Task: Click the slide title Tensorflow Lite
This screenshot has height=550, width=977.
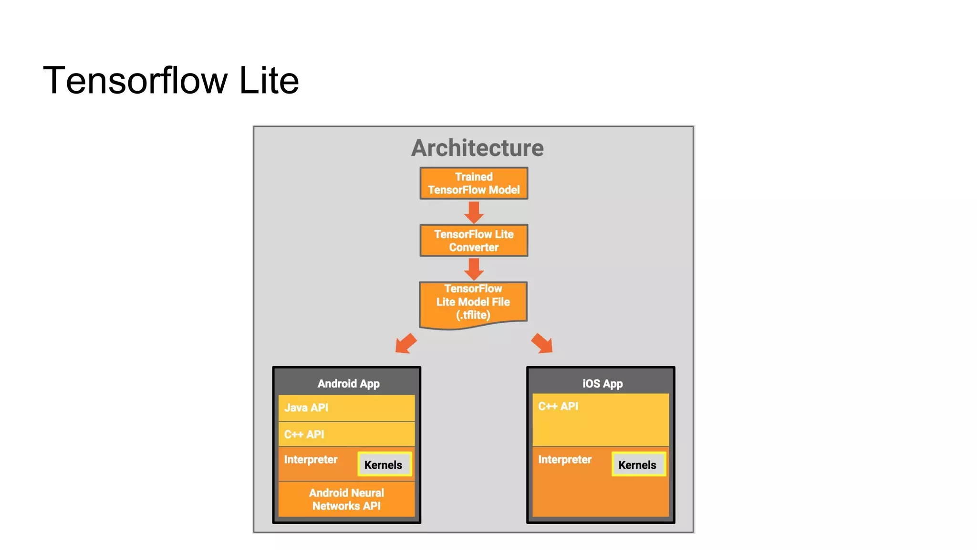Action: [x=171, y=81]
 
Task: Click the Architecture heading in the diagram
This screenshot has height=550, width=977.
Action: [x=477, y=148]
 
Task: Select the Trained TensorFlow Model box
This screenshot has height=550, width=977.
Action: [x=474, y=183]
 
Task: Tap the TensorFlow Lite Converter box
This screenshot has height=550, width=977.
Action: [x=474, y=241]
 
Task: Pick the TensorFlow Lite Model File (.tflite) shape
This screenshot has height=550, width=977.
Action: [x=473, y=304]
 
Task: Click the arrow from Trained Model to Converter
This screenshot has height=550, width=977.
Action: [x=474, y=212]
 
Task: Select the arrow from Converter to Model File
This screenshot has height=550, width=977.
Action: [x=474, y=269]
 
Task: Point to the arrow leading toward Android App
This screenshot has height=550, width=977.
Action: [x=405, y=344]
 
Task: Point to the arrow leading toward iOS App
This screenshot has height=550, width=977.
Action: [x=542, y=344]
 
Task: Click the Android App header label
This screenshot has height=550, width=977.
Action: [x=348, y=384]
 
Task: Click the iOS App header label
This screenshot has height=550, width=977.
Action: [x=602, y=384]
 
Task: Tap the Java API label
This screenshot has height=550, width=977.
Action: [x=306, y=408]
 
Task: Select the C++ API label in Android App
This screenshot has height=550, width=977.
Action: [x=304, y=434]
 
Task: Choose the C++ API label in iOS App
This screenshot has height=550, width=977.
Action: [x=558, y=406]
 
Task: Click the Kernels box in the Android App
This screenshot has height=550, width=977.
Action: [x=385, y=465]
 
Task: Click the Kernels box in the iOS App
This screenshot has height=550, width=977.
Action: [x=638, y=465]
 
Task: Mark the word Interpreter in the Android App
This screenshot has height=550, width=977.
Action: [x=311, y=460]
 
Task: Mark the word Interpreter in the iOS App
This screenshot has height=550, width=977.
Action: [x=565, y=460]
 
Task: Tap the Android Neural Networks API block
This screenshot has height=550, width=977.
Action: [x=346, y=499]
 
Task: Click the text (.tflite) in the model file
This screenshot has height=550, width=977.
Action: [x=473, y=315]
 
